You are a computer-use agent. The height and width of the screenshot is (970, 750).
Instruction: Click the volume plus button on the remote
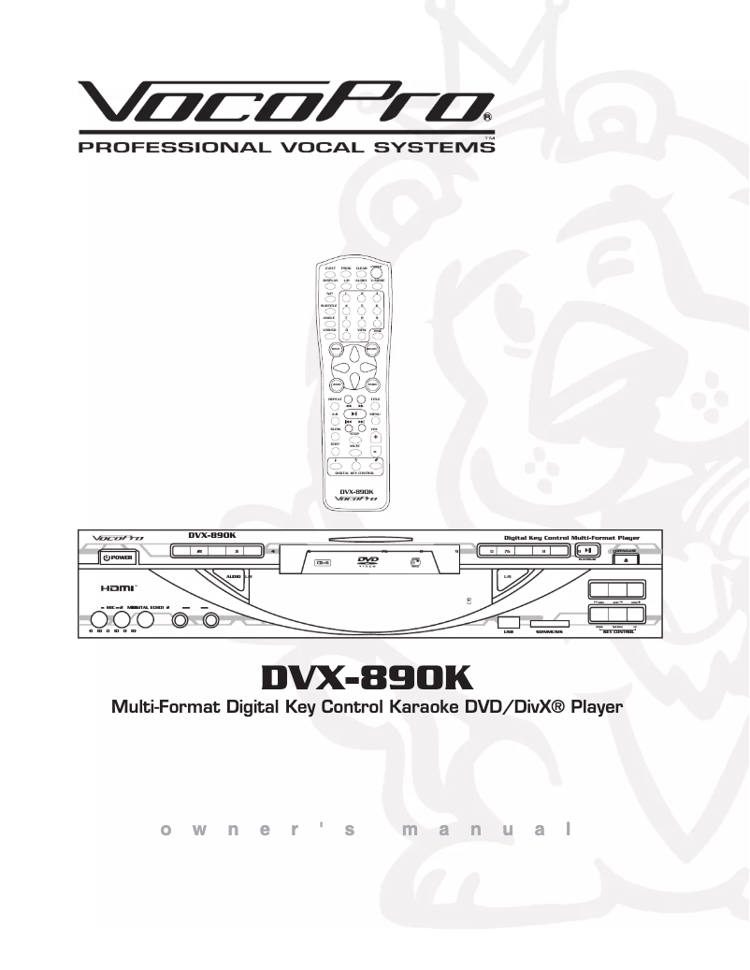coord(376,437)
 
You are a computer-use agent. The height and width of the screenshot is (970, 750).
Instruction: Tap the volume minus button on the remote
coord(376,451)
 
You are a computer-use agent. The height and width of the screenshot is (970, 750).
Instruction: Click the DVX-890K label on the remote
coord(356,491)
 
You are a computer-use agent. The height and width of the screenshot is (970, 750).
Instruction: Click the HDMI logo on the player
coord(119,587)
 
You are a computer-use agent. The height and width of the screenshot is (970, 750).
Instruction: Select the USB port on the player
coord(509,622)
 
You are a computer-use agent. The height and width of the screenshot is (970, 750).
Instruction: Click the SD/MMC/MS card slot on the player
coord(550,622)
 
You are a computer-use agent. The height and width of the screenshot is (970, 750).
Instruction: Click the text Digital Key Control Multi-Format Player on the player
coord(570,538)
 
